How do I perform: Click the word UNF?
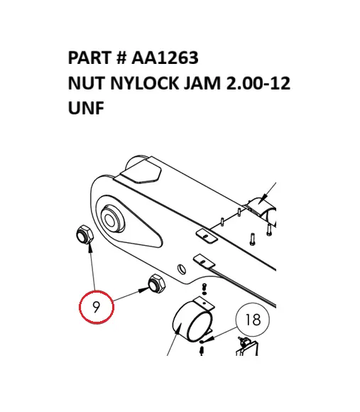pyautogui.click(x=85, y=110)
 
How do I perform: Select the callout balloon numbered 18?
pyautogui.click(x=252, y=320)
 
